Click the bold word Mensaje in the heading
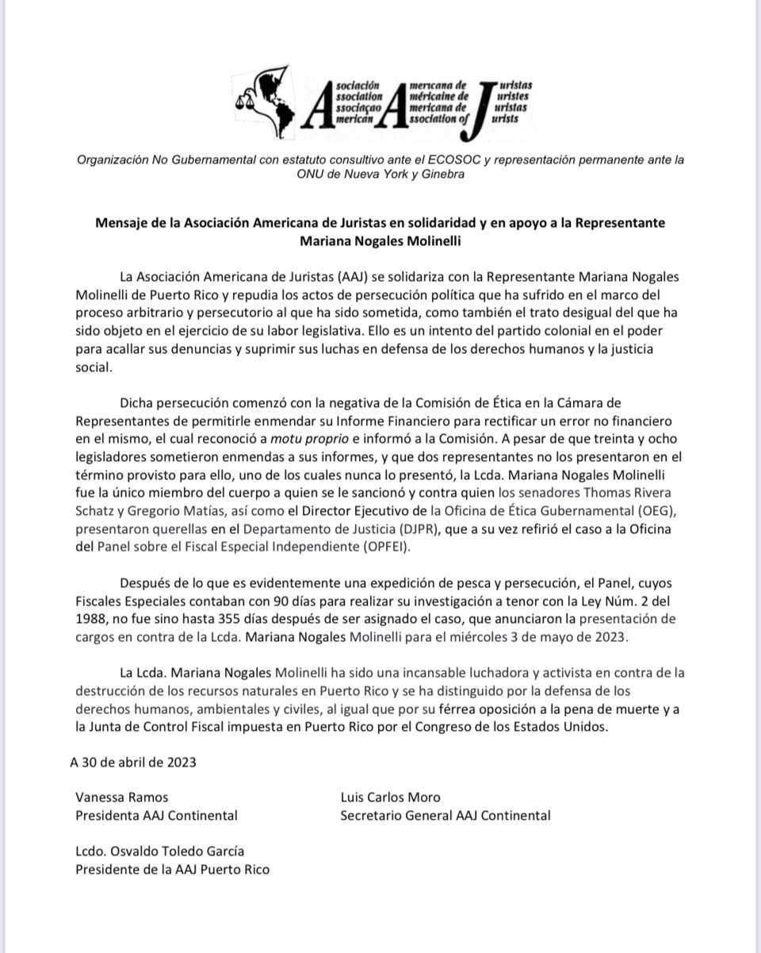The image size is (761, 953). (x=121, y=223)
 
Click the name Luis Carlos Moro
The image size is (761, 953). (x=389, y=797)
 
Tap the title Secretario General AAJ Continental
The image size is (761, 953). (x=445, y=815)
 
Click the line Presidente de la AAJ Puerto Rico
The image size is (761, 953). (x=172, y=869)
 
